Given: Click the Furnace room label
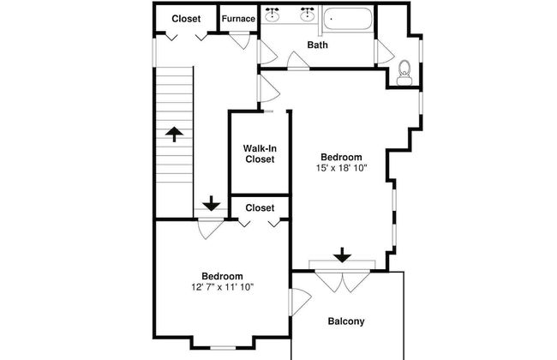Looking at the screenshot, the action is [x=238, y=19].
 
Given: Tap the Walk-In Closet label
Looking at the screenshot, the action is [x=260, y=153].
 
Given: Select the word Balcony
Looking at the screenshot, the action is [x=346, y=321].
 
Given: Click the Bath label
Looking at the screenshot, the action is [x=317, y=45].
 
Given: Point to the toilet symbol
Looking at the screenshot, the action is [x=404, y=73].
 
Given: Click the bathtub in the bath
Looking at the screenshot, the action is [x=348, y=19].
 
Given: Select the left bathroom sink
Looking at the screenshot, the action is [x=273, y=14].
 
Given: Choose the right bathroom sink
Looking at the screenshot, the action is [x=307, y=14].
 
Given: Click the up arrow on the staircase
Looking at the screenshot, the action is [x=174, y=135].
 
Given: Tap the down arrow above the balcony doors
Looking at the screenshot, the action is [x=343, y=255].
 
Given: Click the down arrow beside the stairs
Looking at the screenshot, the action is [x=212, y=203].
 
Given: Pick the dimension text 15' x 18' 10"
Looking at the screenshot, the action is [x=341, y=168].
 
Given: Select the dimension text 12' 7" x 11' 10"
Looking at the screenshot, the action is [x=223, y=287].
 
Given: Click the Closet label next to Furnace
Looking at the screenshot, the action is [x=186, y=19].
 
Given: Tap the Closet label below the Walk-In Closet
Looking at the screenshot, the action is [x=260, y=208].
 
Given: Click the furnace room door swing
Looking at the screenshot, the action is [x=240, y=41].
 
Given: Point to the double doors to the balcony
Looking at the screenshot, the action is [x=343, y=281].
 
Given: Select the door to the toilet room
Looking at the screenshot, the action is [x=385, y=52].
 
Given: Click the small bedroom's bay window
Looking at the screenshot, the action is [x=223, y=348].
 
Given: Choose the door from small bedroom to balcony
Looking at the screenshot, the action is [x=300, y=302].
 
